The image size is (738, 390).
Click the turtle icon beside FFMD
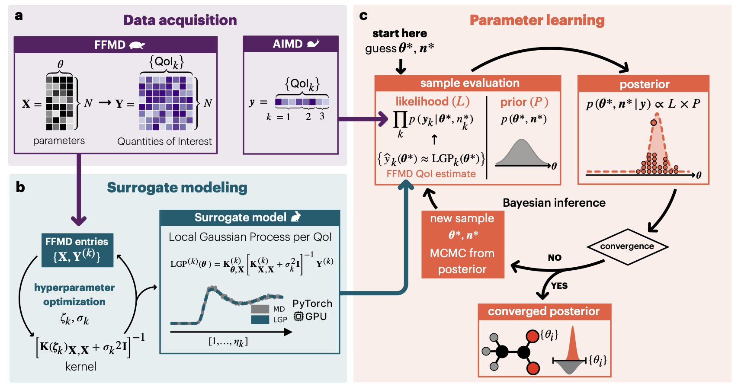[x=137, y=45]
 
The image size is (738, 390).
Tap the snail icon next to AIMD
[x=313, y=44]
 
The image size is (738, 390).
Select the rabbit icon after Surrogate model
[x=296, y=217]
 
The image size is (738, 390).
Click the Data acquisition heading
[x=180, y=20]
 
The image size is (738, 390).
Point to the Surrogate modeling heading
[x=177, y=188]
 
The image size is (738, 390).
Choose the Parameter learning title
[x=537, y=20]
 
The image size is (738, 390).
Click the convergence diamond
[x=627, y=246]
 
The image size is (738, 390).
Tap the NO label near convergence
[x=555, y=258]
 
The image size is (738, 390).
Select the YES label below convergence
[x=559, y=286]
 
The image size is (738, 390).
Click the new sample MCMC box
[x=462, y=244]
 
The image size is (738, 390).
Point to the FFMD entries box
[x=77, y=250]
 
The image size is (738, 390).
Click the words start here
[x=399, y=33]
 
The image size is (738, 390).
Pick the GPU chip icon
[x=298, y=316]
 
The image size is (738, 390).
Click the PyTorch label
[x=312, y=304]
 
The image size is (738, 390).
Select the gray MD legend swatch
[x=260, y=309]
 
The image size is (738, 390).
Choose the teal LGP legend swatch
[x=260, y=320]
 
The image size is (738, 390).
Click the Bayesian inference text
[x=554, y=203]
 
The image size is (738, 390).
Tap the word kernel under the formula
[x=81, y=367]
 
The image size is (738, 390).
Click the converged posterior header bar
[x=544, y=311]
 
